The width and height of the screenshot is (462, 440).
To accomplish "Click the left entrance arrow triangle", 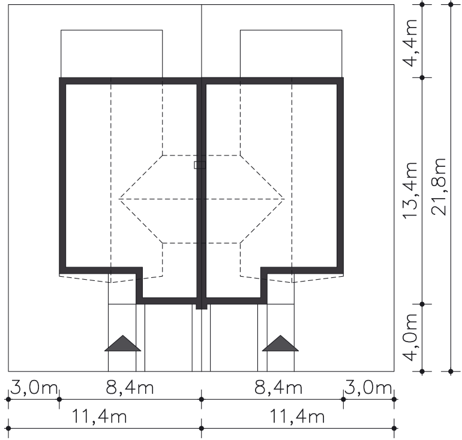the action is coord(122,344).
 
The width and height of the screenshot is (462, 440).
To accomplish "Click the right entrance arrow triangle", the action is coord(280,344).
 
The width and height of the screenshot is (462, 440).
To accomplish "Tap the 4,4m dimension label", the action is coord(410,43).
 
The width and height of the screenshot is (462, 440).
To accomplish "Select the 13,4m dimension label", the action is coord(410,190).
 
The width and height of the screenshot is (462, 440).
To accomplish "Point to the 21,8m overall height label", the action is coord(439,187).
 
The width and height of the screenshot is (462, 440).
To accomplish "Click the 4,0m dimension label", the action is coord(410,337).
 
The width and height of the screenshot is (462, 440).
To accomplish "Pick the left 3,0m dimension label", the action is coord(34,388).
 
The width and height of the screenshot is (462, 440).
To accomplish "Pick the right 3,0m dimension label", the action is coord(368,388).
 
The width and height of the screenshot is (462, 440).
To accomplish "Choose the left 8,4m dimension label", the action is coord(130,388).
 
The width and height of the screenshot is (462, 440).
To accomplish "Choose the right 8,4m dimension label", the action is coord(278,388).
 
